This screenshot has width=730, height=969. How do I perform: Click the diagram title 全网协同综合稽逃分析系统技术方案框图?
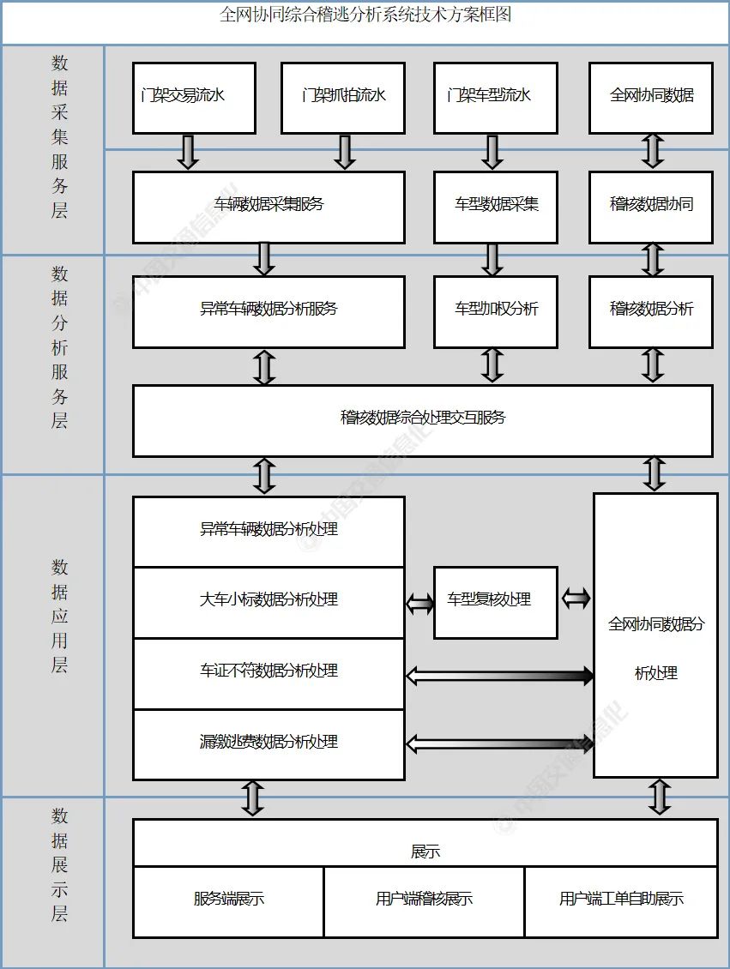point(365,15)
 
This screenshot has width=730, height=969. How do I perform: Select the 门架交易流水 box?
point(194,97)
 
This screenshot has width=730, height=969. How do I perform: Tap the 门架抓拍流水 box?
point(343,97)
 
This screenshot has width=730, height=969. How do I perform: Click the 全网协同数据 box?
point(651,97)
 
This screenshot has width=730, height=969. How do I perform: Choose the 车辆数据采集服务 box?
point(268,207)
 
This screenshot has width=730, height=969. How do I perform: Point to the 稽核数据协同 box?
point(651,207)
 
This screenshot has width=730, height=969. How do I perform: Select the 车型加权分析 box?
point(496,311)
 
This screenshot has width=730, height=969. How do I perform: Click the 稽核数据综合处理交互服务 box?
point(422,420)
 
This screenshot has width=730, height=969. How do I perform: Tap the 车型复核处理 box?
point(495,602)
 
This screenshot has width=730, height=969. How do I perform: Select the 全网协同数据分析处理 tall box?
point(655,635)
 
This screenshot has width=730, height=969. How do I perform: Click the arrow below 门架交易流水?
point(189,152)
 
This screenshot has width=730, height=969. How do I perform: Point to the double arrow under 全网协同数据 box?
point(654,152)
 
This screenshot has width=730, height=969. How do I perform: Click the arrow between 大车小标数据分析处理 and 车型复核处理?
point(419,604)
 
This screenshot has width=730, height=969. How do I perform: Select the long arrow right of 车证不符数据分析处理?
point(499,676)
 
